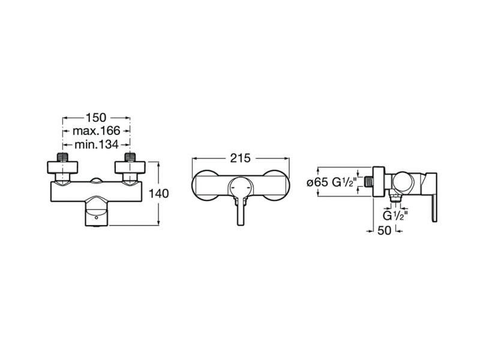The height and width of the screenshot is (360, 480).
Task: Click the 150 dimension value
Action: (x=96, y=118)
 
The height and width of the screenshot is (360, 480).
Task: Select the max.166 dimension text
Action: (x=96, y=131)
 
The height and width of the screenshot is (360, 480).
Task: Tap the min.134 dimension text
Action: (x=96, y=144)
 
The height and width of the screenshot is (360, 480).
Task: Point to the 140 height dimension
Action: (x=158, y=193)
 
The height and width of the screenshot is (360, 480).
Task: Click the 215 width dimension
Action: (x=241, y=158)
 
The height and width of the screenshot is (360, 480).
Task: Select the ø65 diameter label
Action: (x=317, y=182)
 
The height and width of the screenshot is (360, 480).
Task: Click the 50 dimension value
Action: (x=384, y=230)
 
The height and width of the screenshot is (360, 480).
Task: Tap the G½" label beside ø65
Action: (x=344, y=182)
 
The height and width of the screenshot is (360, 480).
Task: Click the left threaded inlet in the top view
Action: (x=62, y=157)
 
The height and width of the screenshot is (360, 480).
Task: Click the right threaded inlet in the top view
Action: (x=130, y=157)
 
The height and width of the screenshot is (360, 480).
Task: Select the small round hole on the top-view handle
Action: (x=97, y=218)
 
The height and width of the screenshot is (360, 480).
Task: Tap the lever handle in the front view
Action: (x=241, y=211)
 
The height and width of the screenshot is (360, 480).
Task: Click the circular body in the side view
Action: (x=403, y=183)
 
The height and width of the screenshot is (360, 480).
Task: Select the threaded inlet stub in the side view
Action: (x=368, y=182)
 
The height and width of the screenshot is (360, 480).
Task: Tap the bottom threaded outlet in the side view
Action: (x=395, y=197)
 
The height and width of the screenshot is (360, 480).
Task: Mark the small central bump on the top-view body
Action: (x=96, y=181)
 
